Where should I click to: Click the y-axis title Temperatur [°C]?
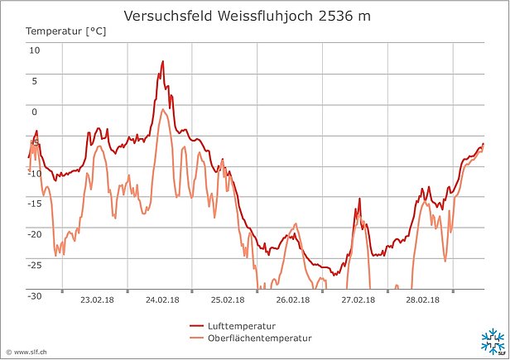pos(65,31)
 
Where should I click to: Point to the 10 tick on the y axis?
pos(35,50)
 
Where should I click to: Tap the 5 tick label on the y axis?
pos(35,80)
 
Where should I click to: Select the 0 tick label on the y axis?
pos(35,111)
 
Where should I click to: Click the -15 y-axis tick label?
pos(32,204)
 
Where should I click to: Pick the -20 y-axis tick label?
pos(32,234)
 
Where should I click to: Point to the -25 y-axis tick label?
pos(32,265)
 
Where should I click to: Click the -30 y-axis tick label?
pos(32,295)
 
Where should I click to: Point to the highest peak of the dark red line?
pos(163,61)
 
